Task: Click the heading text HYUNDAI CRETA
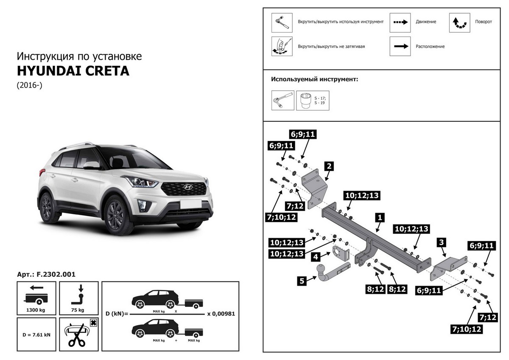(x=73, y=70)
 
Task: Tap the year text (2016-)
(x=30, y=85)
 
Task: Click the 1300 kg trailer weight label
(x=36, y=310)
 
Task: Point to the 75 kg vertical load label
(x=79, y=310)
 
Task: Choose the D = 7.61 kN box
(x=36, y=335)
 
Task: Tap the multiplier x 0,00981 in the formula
(x=221, y=314)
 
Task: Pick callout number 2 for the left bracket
(x=328, y=166)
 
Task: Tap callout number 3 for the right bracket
(x=442, y=242)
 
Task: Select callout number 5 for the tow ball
(x=302, y=280)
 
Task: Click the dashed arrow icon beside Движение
(x=401, y=22)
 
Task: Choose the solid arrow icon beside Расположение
(x=401, y=46)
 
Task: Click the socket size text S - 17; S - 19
(x=320, y=101)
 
